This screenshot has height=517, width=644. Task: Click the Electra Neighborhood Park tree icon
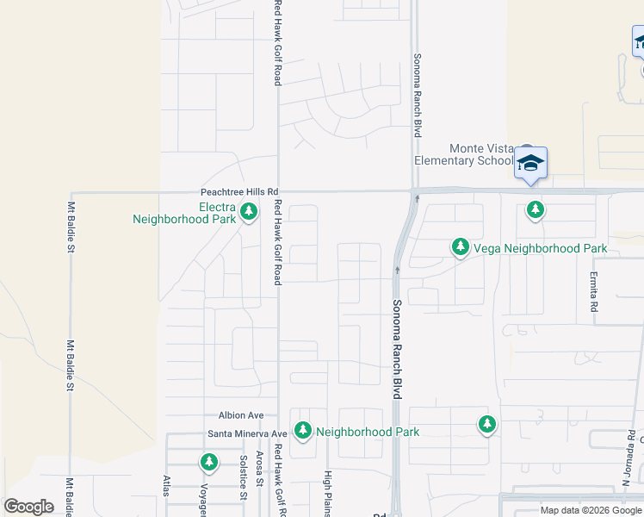(249, 211)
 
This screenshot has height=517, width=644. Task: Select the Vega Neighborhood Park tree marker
(461, 248)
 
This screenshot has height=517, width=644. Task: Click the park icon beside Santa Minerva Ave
(302, 430)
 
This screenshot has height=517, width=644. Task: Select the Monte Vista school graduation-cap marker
(531, 164)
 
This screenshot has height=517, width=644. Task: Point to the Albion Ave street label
(241, 415)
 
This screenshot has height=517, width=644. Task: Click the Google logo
(28, 507)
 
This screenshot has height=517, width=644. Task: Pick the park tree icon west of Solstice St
(209, 463)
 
